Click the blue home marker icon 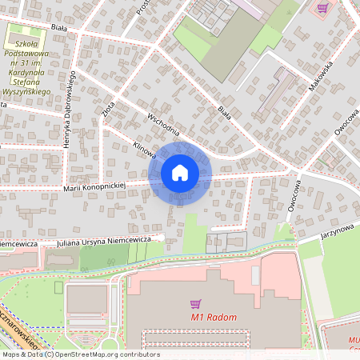pos(180,173)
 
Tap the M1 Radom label pos(214,318)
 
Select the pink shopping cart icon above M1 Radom pos(195,304)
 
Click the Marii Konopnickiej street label pos(94,186)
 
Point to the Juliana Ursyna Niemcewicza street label pos(105,239)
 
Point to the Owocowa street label pos(294,195)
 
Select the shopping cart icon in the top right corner pos(322,8)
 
